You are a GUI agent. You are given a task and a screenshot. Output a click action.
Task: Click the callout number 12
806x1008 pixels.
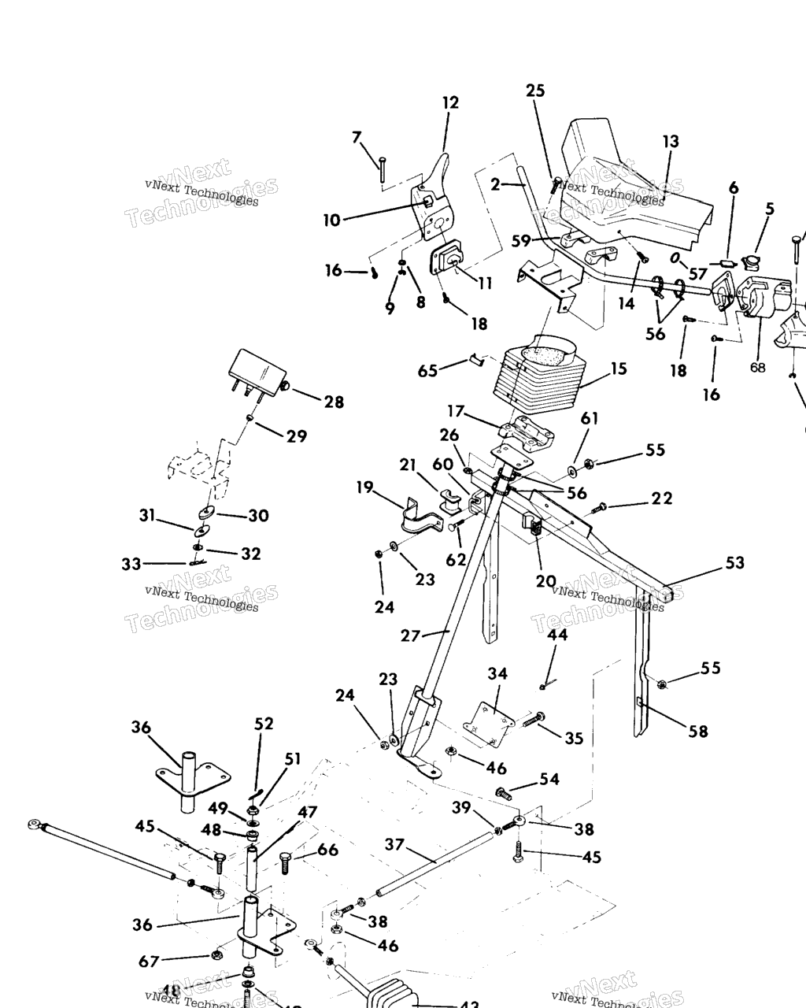coord(450,102)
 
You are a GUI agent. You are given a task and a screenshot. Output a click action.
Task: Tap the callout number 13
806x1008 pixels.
coord(670,142)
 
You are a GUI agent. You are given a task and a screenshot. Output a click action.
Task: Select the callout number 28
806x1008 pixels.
coord(334,402)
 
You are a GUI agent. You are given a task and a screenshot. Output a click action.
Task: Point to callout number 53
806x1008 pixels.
coord(735,563)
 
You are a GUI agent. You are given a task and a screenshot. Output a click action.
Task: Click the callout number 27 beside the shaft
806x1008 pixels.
coord(411,635)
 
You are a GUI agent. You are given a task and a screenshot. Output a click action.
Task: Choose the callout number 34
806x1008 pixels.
coord(497,673)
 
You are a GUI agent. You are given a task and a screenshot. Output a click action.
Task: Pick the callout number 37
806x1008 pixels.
coord(394,845)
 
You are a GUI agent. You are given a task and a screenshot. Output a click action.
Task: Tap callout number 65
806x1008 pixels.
coord(427,370)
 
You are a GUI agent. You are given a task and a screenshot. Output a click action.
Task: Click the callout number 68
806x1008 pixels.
coord(757,368)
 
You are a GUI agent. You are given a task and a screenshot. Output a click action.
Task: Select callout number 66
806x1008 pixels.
coord(328,850)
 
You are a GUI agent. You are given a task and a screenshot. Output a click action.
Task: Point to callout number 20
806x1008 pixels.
coord(545,581)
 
